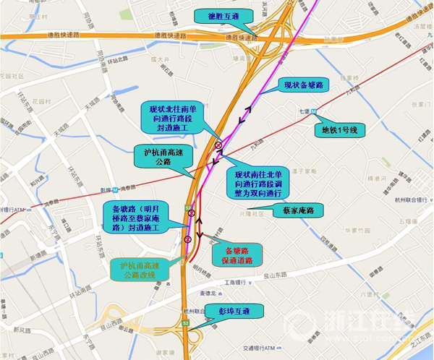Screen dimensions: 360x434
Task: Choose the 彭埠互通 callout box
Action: pyautogui.click(x=236, y=312)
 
